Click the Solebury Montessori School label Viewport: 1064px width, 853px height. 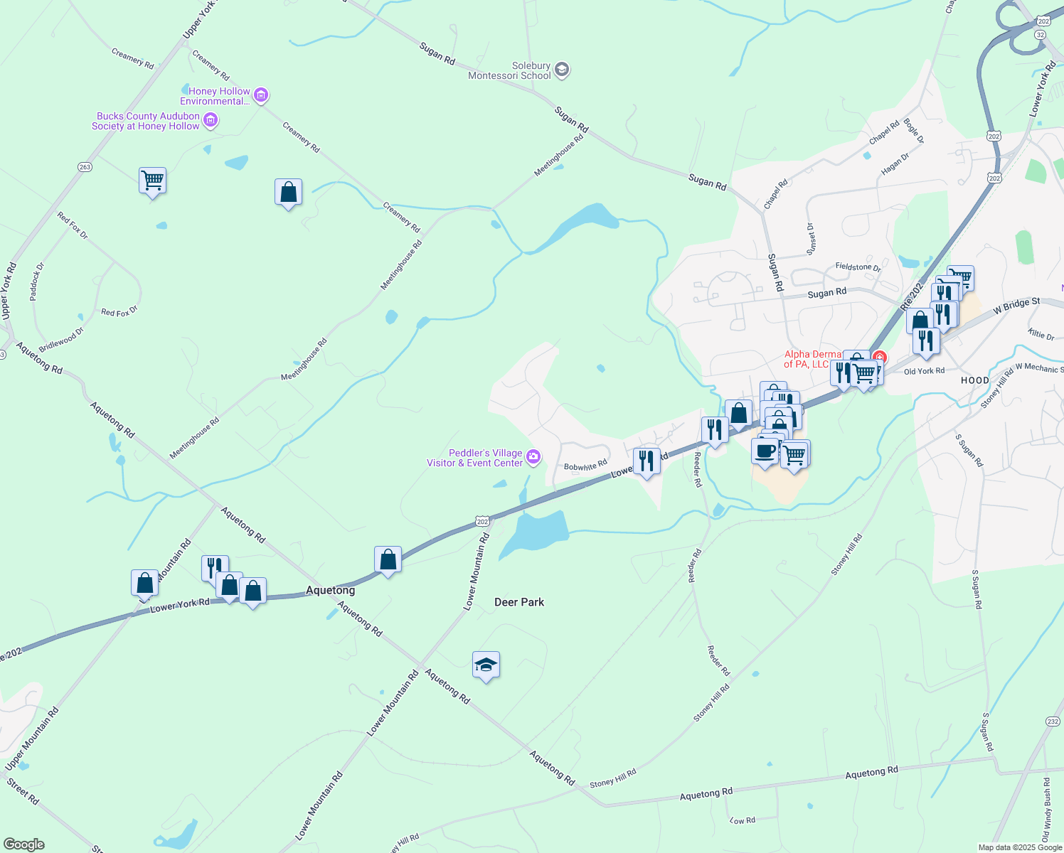click(x=509, y=70)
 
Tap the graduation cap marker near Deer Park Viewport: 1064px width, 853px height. click(x=486, y=665)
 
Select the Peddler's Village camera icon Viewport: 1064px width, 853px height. click(x=533, y=456)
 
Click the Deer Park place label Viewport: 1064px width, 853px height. click(x=519, y=602)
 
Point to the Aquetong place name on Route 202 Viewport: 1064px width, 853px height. click(x=330, y=590)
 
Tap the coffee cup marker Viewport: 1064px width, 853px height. click(x=765, y=451)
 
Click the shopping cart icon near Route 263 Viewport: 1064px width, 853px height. click(x=152, y=181)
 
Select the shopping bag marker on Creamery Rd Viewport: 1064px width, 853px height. click(x=288, y=192)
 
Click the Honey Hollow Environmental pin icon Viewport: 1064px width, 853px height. click(x=261, y=95)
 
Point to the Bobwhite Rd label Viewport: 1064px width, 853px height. click(x=585, y=466)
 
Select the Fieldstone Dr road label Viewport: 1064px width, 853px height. click(x=858, y=267)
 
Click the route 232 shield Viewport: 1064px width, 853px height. click(x=1053, y=721)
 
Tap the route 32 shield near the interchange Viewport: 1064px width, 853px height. click(x=1040, y=34)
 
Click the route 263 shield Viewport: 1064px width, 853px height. click(x=85, y=167)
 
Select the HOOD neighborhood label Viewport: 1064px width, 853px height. click(x=975, y=380)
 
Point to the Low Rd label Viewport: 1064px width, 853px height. click(x=743, y=820)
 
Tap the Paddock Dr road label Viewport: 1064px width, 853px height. click(x=37, y=281)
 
